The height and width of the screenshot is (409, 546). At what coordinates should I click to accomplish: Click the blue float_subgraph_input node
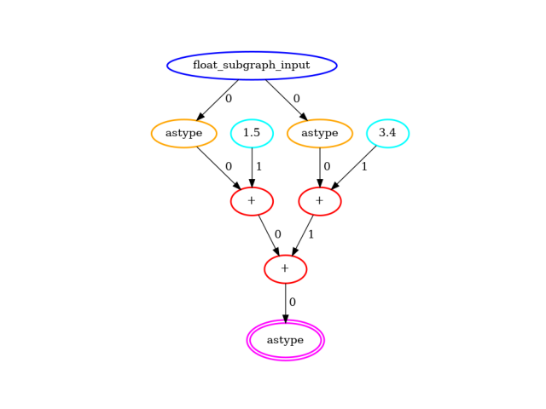pyautogui.click(x=252, y=66)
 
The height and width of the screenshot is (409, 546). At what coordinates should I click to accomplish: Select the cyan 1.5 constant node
pyautogui.click(x=252, y=133)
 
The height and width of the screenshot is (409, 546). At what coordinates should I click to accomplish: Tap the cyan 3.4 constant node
pyautogui.click(x=387, y=133)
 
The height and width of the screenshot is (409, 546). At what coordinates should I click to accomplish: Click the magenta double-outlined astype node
pyautogui.click(x=285, y=340)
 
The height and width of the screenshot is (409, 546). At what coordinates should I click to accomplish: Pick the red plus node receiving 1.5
pyautogui.click(x=252, y=201)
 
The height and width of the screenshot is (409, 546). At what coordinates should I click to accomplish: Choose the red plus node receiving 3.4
pyautogui.click(x=320, y=201)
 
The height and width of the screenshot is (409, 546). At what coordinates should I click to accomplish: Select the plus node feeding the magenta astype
pyautogui.click(x=285, y=269)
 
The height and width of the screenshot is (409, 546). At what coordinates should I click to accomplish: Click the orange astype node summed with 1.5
pyautogui.click(x=183, y=133)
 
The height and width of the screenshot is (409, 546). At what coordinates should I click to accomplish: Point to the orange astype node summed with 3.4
pyautogui.click(x=320, y=133)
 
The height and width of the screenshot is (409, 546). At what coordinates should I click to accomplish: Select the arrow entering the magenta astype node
pyautogui.click(x=285, y=302)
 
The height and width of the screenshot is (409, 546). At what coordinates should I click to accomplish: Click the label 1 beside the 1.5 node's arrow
pyautogui.click(x=259, y=167)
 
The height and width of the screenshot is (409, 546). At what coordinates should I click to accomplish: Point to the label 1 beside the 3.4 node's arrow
pyautogui.click(x=364, y=167)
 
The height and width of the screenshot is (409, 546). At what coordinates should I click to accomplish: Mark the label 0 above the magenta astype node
pyautogui.click(x=293, y=302)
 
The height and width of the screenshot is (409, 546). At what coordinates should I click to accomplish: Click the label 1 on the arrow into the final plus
pyautogui.click(x=311, y=234)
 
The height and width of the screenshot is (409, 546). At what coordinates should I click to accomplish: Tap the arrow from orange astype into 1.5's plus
pyautogui.click(x=218, y=167)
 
